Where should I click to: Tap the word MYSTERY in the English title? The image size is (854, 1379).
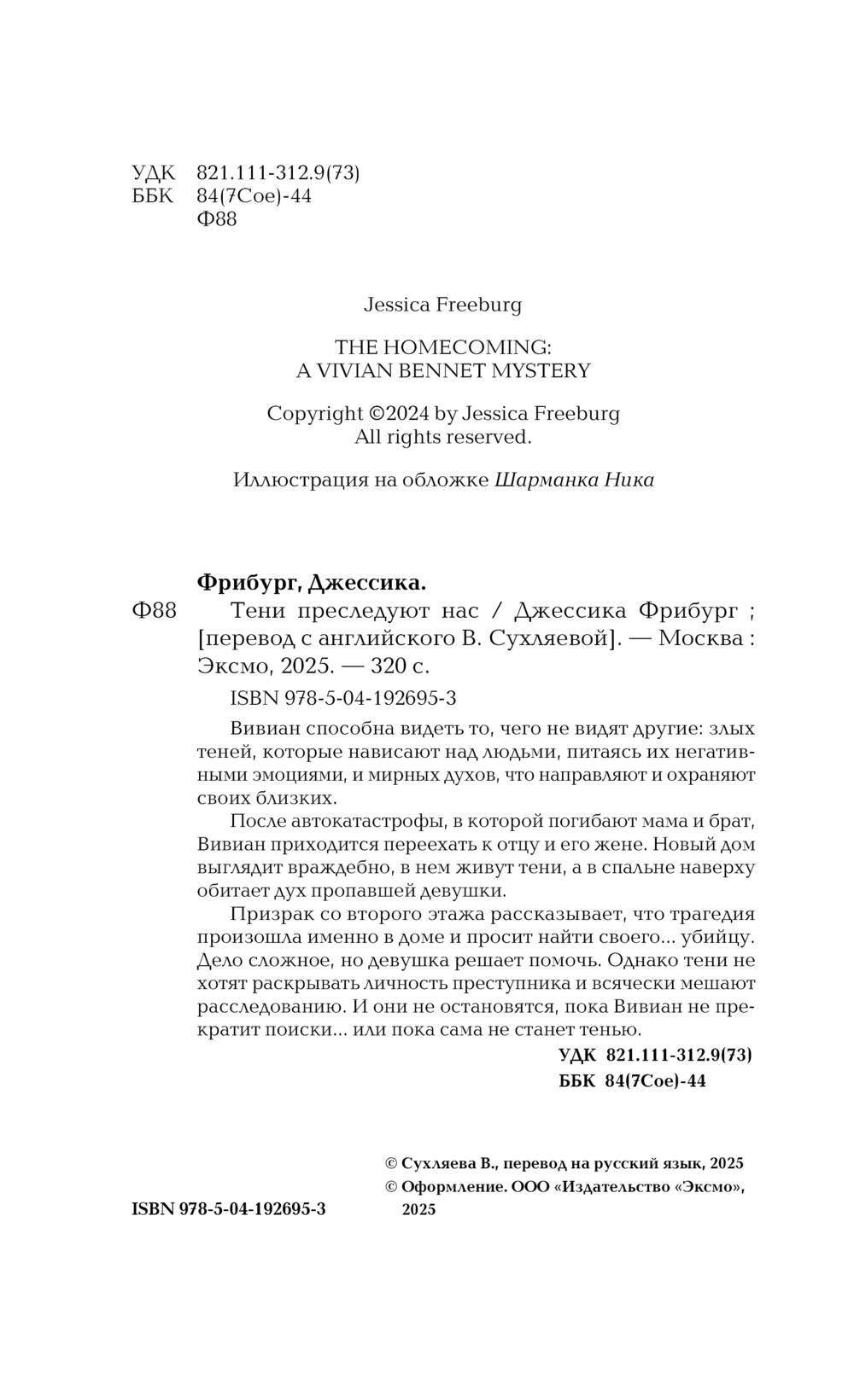click(543, 370)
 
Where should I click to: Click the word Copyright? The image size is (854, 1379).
click(314, 414)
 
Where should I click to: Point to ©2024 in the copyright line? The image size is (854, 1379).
click(400, 414)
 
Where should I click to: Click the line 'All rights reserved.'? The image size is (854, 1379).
click(443, 437)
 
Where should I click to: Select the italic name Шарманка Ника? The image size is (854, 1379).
click(574, 480)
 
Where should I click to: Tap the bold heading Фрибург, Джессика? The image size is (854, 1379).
click(311, 584)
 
